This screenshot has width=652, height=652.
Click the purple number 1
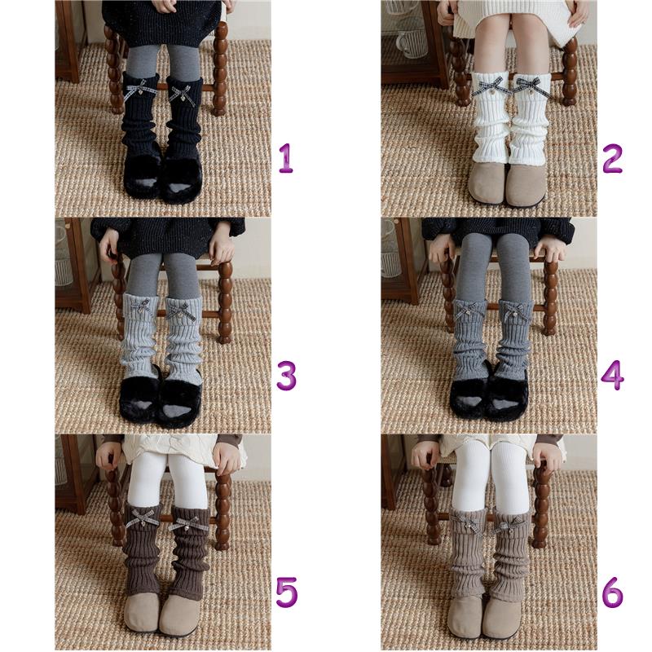coord(286,158)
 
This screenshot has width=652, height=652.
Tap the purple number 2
coord(613,158)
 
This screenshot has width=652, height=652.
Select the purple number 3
coord(287,376)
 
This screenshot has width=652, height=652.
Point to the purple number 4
coord(613,376)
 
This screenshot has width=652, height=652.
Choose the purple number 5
coord(287,593)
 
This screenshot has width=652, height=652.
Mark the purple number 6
coord(613,593)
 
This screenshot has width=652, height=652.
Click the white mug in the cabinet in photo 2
coord(412,43)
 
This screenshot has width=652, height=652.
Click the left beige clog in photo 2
coord(488,182)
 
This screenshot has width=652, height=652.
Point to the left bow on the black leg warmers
coord(139,91)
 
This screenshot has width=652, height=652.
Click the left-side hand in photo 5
coord(110,457)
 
